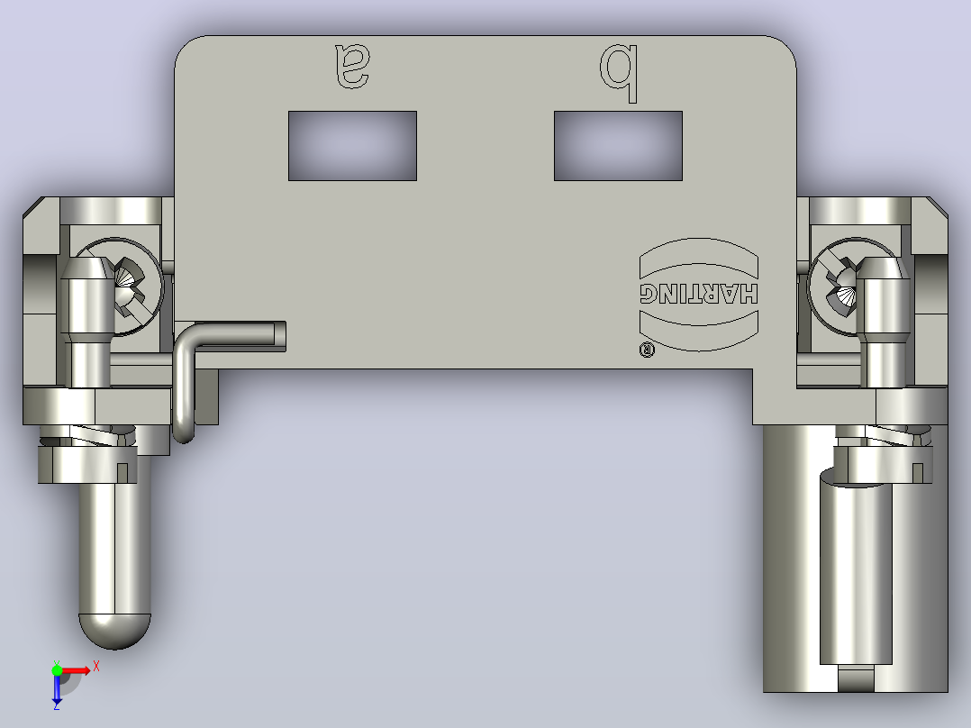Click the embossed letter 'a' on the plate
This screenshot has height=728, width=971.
point(352,65)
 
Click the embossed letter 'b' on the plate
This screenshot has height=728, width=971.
point(618,72)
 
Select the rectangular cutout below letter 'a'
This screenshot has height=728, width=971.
point(352,146)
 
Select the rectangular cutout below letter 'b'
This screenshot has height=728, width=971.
point(618,146)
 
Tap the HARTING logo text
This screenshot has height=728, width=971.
point(699,294)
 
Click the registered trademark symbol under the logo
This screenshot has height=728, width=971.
point(647,350)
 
